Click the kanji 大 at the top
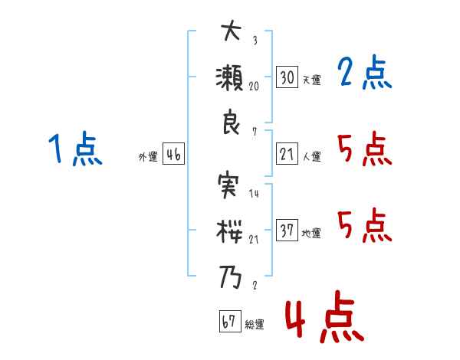(232, 31)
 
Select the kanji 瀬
(230, 77)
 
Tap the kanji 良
(231, 122)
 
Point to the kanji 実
(228, 186)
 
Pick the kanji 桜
(229, 231)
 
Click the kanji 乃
(230, 277)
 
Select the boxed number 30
(287, 77)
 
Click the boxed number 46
(174, 154)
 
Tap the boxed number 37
(287, 230)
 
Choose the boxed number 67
(230, 321)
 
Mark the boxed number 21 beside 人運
(287, 154)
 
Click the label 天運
(312, 80)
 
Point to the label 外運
(148, 156)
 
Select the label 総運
(255, 324)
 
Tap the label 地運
(311, 234)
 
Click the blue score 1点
(75, 149)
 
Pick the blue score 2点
(365, 72)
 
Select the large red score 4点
(324, 316)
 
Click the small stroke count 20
(254, 86)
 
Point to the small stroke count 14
(254, 193)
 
